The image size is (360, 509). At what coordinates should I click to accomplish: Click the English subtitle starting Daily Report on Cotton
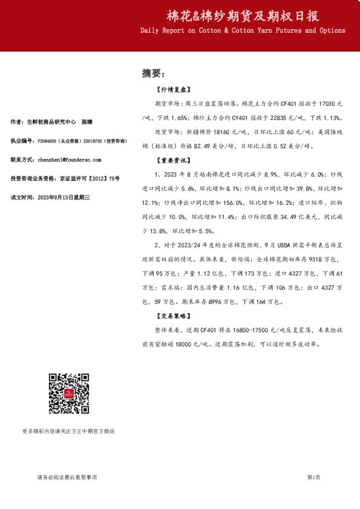[243, 30]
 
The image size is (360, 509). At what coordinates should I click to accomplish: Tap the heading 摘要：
[153, 73]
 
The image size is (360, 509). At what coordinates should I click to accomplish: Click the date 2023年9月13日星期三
[64, 198]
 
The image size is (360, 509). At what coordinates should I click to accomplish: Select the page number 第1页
[313, 477]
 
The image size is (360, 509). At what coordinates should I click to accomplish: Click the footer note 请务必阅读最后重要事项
[67, 477]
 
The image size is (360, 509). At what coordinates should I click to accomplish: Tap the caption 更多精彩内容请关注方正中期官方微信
[68, 431]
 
